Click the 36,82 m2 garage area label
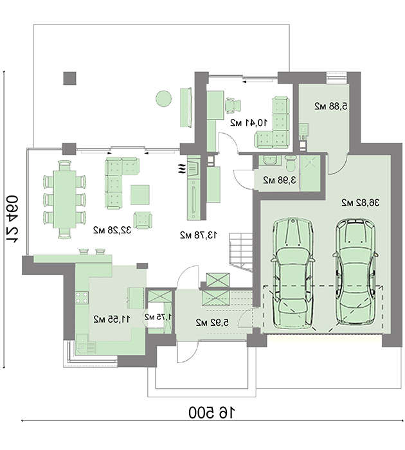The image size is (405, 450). click(360, 203)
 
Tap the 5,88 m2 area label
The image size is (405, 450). click(331, 106)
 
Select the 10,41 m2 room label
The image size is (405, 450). click(249, 123)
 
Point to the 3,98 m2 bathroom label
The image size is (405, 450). click(279, 180)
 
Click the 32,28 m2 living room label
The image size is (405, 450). click(112, 230)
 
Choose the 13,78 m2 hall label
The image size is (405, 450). click(199, 235)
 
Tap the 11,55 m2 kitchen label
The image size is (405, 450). click(112, 319)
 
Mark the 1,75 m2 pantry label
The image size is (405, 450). click(158, 317)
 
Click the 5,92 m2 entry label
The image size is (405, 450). click(212, 323)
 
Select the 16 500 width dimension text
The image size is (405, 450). click(212, 413)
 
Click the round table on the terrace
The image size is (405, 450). click(164, 98)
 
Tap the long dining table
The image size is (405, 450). click(65, 199)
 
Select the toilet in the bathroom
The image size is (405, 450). click(290, 162)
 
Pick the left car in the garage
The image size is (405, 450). click(292, 273)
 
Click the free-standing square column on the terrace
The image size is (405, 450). click(69, 78)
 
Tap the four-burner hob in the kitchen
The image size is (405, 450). click(82, 298)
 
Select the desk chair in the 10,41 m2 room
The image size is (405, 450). click(233, 105)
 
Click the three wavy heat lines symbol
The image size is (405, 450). click(182, 168)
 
